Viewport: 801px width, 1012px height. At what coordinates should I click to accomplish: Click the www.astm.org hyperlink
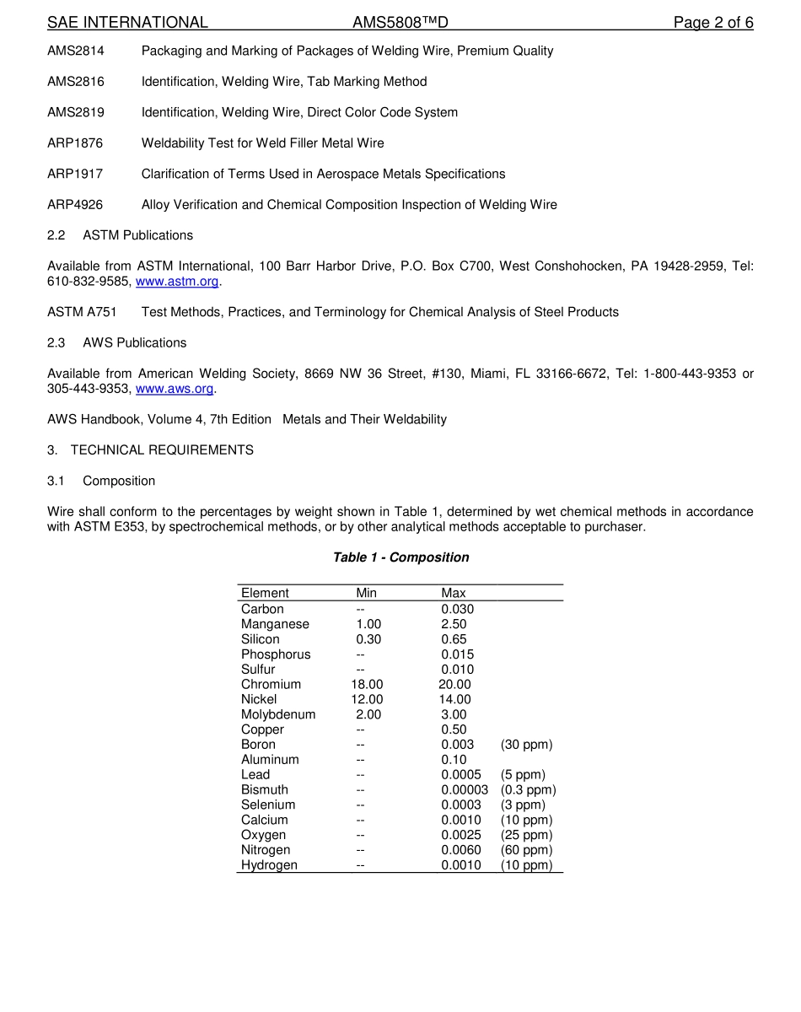point(176,282)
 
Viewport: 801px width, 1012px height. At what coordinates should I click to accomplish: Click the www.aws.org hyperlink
point(175,389)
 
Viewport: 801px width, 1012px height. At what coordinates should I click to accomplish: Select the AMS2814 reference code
point(76,51)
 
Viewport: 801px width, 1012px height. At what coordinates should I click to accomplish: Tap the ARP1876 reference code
point(75,143)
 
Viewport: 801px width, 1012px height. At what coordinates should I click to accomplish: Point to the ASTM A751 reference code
point(82,312)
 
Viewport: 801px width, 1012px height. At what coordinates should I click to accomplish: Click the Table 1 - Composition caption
point(400,557)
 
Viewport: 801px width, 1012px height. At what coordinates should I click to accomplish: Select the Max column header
point(453,593)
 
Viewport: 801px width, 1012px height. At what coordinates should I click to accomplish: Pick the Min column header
point(366,593)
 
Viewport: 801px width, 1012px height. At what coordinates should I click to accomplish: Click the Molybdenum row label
point(278,714)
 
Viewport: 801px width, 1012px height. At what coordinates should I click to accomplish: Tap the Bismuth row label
point(265,790)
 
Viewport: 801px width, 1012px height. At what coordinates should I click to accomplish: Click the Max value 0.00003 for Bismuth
point(464,790)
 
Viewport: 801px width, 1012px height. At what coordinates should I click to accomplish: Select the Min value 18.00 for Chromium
point(367,685)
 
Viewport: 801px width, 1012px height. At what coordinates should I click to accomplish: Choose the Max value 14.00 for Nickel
point(454,699)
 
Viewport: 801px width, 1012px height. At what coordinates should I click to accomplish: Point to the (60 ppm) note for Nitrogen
point(527,850)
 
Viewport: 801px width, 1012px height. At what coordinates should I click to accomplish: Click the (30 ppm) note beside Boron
point(527,745)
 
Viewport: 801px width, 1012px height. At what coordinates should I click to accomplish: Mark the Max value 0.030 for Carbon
point(457,609)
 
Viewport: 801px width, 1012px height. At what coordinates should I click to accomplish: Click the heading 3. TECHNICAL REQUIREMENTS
point(150,450)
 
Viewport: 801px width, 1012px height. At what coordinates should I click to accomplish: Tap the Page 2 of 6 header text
point(712,23)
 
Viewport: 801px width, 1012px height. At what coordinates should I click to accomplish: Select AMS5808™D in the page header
point(394,23)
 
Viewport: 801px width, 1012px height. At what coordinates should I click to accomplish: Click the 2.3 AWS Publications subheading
point(117,342)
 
